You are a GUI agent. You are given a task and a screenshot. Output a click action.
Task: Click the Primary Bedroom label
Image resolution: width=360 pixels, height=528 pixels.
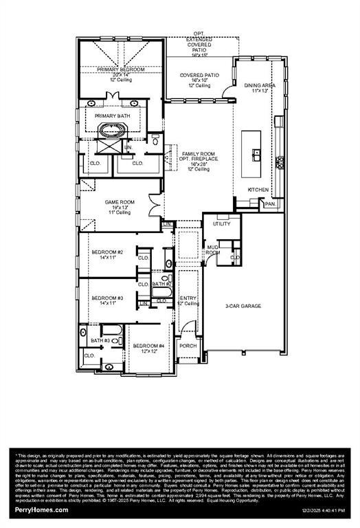[x=121, y=70]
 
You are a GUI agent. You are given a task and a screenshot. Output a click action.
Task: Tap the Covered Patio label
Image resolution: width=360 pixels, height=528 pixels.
[x=199, y=75]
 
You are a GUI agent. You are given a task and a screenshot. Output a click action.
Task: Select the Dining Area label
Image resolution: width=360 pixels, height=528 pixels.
[x=258, y=85]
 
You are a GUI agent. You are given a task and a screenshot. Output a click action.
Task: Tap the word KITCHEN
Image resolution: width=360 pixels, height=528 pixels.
[x=258, y=189]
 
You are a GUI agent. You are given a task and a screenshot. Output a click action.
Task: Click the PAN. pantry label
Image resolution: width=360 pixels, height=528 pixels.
[x=270, y=204]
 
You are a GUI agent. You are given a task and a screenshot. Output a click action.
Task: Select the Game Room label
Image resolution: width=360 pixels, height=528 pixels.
[x=117, y=202]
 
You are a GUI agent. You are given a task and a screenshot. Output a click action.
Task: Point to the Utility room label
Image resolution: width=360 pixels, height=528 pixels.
[x=221, y=224]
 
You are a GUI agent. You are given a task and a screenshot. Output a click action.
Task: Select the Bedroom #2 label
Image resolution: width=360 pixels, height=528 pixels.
[x=107, y=252]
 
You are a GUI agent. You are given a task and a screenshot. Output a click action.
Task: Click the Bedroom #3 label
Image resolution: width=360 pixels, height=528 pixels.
[x=107, y=298]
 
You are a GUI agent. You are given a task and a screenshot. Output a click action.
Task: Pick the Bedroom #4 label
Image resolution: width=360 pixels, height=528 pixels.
[x=148, y=345]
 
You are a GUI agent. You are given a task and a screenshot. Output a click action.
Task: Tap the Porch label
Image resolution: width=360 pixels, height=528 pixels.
[x=188, y=345]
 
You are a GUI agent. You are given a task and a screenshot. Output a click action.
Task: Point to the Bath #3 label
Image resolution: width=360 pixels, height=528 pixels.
[x=100, y=340]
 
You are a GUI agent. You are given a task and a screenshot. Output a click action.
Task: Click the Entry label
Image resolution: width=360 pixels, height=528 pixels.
[x=188, y=298]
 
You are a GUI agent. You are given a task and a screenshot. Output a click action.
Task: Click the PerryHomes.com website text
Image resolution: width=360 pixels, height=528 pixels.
[x=41, y=510]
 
